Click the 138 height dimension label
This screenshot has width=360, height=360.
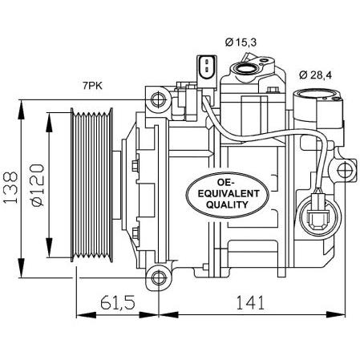tap(10, 188)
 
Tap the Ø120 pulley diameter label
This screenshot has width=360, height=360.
tap(38, 185)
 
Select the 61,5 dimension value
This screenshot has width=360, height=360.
tap(118, 302)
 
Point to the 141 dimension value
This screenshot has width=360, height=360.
tap(250, 302)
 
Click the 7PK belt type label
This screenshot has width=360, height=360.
tap(92, 86)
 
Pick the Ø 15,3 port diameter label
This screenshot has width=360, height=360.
tap(241, 42)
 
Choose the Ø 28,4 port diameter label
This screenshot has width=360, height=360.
tap(315, 75)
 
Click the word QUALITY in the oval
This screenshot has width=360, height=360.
tap(227, 204)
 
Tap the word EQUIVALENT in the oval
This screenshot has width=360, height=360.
tap(229, 193)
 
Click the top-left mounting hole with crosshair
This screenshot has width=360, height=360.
tap(159, 99)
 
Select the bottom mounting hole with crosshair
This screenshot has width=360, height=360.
tap(159, 277)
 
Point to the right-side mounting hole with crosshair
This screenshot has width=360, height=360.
tap(345, 170)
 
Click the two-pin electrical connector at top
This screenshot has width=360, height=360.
tap(206, 68)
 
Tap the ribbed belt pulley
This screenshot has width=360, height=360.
tap(91, 185)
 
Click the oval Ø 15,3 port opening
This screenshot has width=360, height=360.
tap(247, 68)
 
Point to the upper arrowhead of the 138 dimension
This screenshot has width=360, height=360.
tap(21, 110)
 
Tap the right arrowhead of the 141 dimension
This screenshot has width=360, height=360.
tap(335, 315)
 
